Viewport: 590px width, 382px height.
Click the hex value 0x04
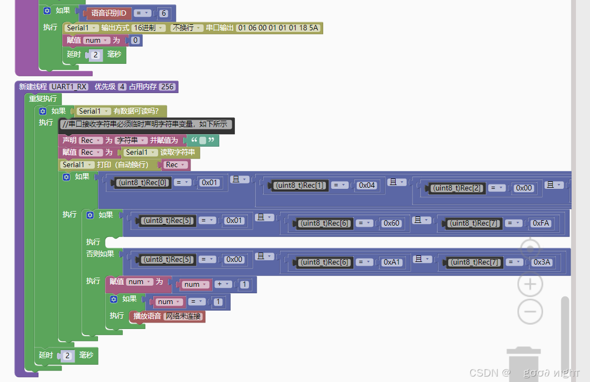366,185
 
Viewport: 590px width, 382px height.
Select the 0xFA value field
541,223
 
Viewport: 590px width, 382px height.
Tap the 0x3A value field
541,262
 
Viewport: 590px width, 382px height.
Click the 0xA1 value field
392,262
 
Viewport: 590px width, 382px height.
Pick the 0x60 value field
391,223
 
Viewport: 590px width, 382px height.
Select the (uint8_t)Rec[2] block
458,188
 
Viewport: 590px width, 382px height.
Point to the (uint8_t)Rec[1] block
299,185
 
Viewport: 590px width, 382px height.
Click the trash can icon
523,365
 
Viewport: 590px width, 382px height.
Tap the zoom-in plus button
530,284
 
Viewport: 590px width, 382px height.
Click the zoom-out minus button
530,312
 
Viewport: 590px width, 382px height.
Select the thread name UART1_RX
69,87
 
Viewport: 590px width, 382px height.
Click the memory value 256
168,87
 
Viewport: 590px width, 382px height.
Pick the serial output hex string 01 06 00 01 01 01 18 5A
279,28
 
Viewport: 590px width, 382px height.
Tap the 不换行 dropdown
187,28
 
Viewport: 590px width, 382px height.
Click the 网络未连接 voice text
183,317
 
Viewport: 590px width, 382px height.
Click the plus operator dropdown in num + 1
222,284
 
